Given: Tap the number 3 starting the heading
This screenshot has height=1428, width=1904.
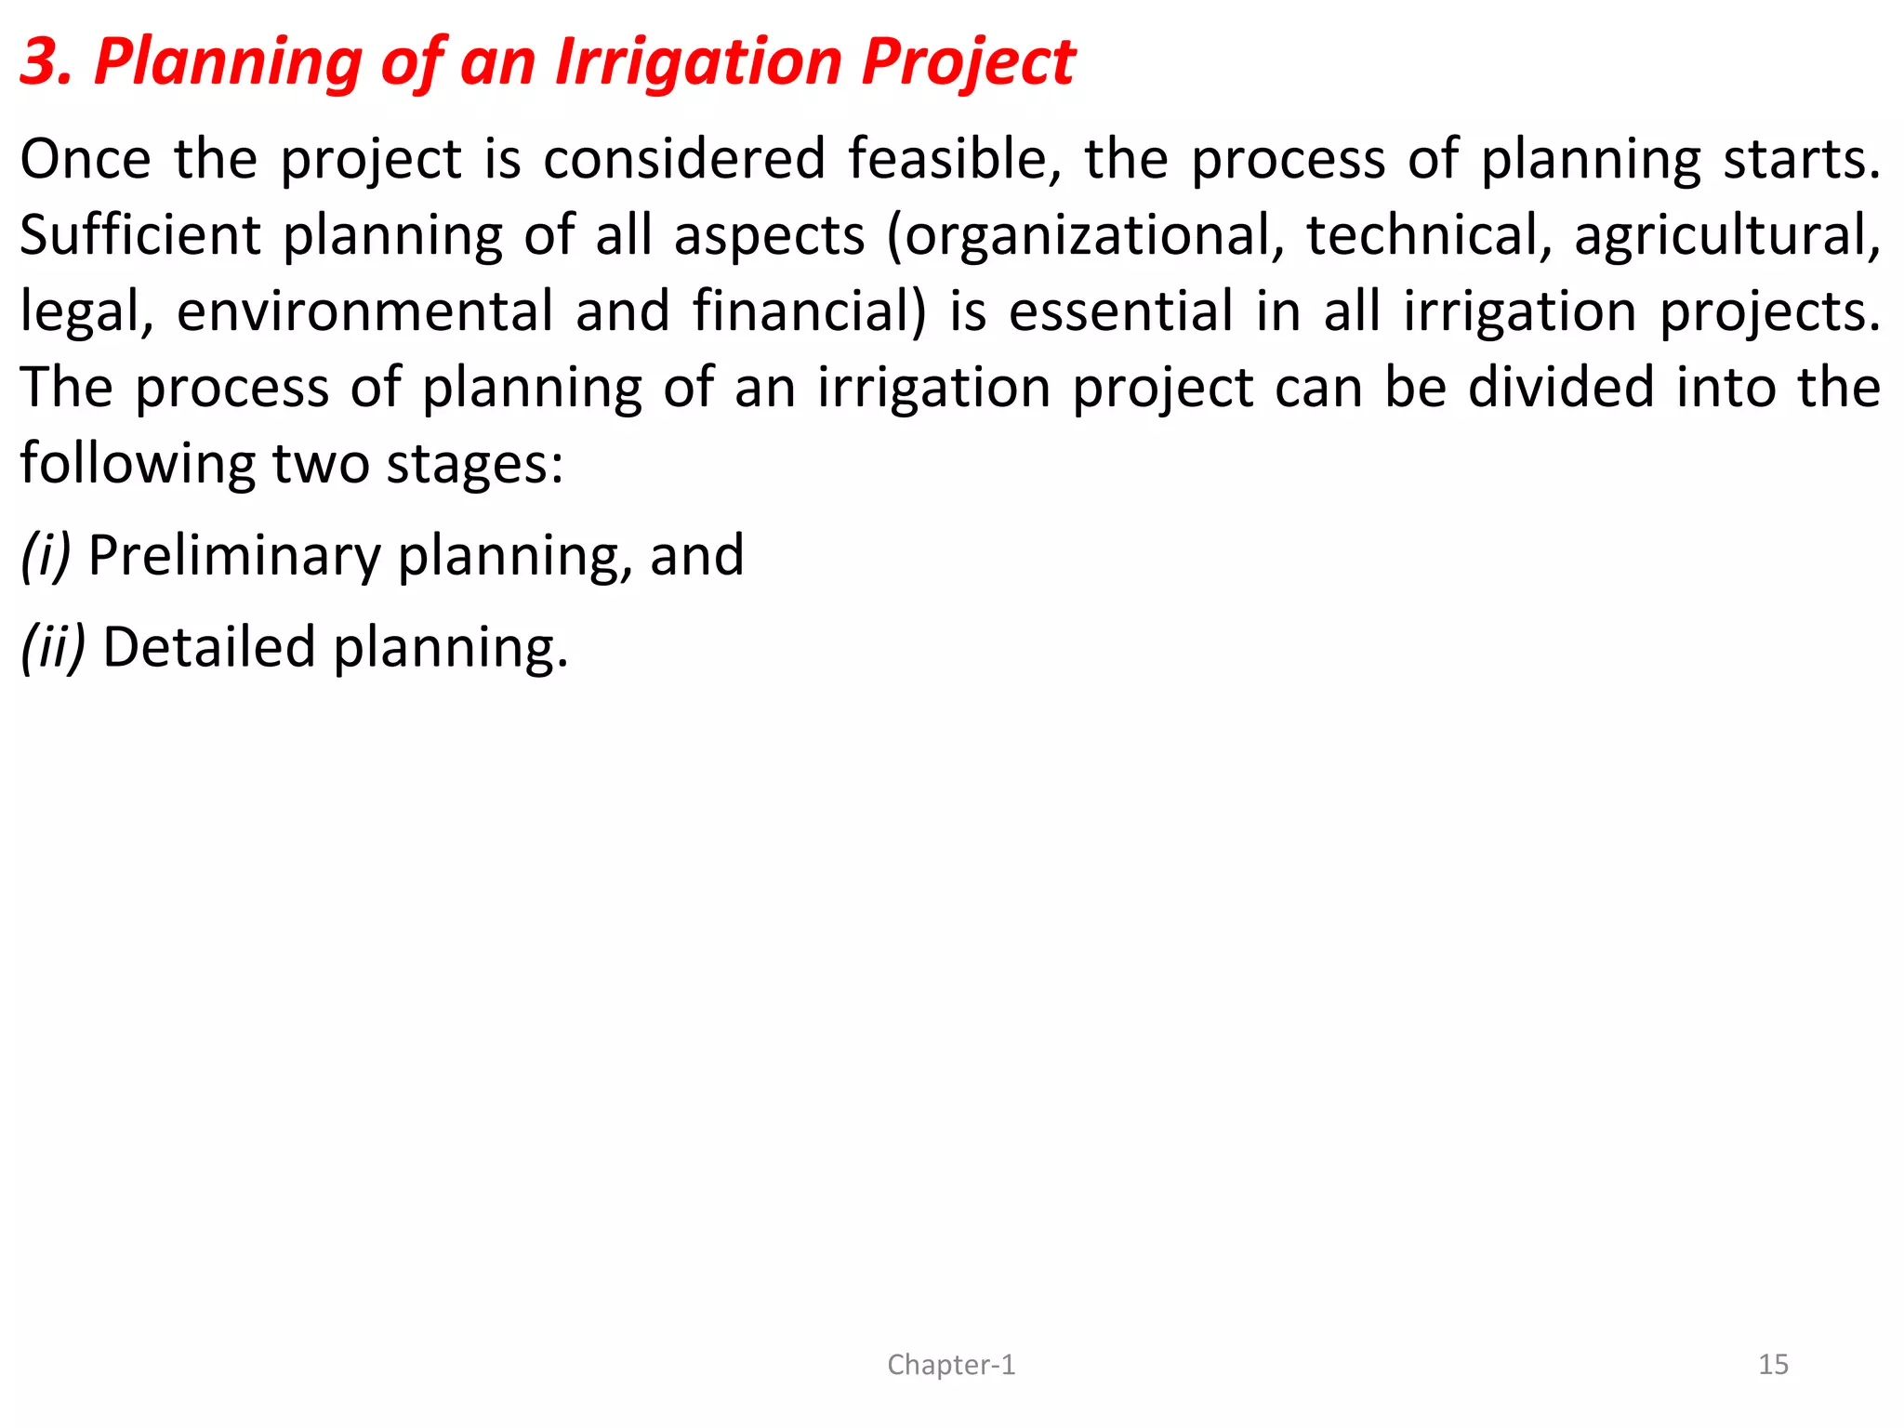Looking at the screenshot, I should tap(43, 62).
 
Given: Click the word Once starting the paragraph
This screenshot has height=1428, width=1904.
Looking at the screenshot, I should tap(85, 159).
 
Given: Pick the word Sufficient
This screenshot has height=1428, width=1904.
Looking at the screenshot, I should tap(140, 235).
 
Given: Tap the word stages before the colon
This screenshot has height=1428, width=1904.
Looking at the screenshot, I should tap(469, 464).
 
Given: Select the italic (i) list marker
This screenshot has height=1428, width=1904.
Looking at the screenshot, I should tap(46, 556).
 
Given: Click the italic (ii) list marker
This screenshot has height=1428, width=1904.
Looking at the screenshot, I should tap(53, 647).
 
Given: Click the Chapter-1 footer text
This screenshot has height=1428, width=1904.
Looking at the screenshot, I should tap(951, 1365).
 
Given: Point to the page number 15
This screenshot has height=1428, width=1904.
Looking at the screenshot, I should tap(1773, 1365).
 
